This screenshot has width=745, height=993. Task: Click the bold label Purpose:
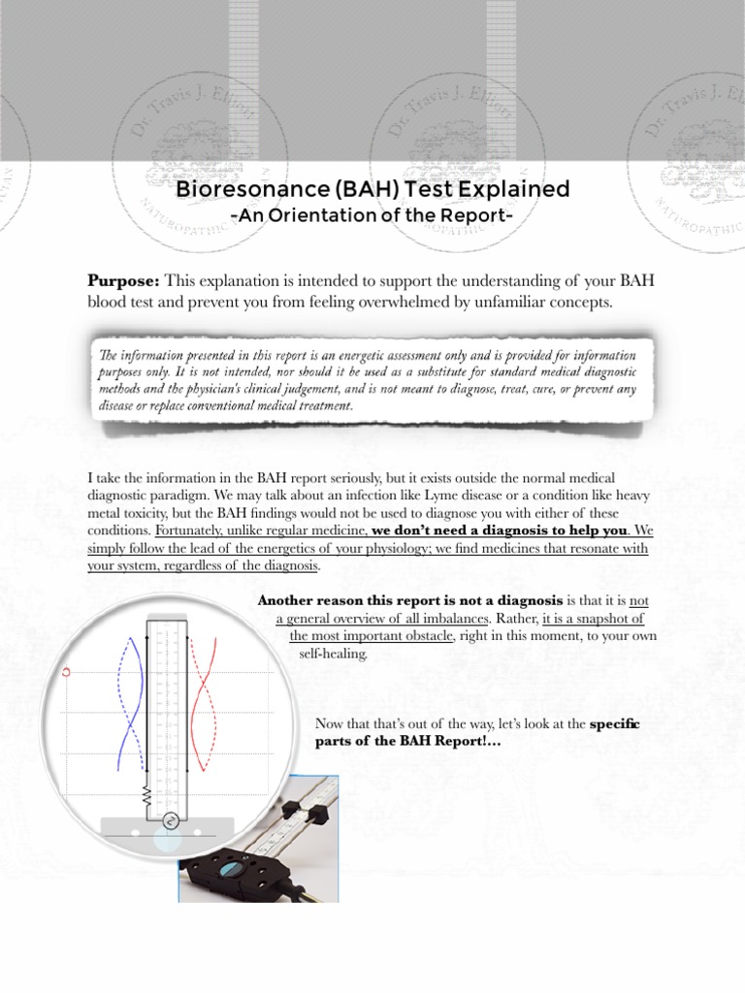point(124,281)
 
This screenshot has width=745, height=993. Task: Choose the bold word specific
point(617,724)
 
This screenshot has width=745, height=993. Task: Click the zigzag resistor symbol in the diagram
point(147,797)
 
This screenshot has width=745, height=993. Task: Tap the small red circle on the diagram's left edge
point(67,669)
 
